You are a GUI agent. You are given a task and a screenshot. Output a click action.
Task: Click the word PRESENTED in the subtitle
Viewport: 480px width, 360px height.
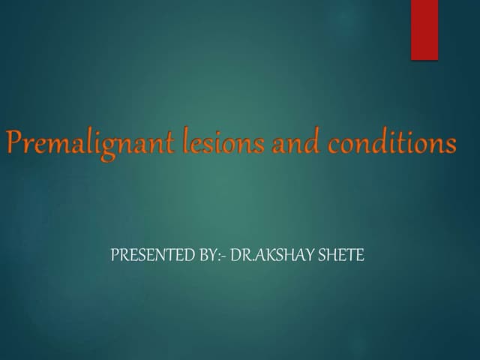(x=143, y=256)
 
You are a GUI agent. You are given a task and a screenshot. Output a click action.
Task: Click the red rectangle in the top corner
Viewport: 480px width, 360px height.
(x=424, y=29)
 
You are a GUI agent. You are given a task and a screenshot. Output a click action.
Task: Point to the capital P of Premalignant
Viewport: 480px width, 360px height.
(x=16, y=142)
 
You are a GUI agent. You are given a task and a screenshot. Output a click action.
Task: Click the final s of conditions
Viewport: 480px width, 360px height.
(x=450, y=144)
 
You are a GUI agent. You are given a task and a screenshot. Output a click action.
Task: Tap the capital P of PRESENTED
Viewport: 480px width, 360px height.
(x=114, y=256)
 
